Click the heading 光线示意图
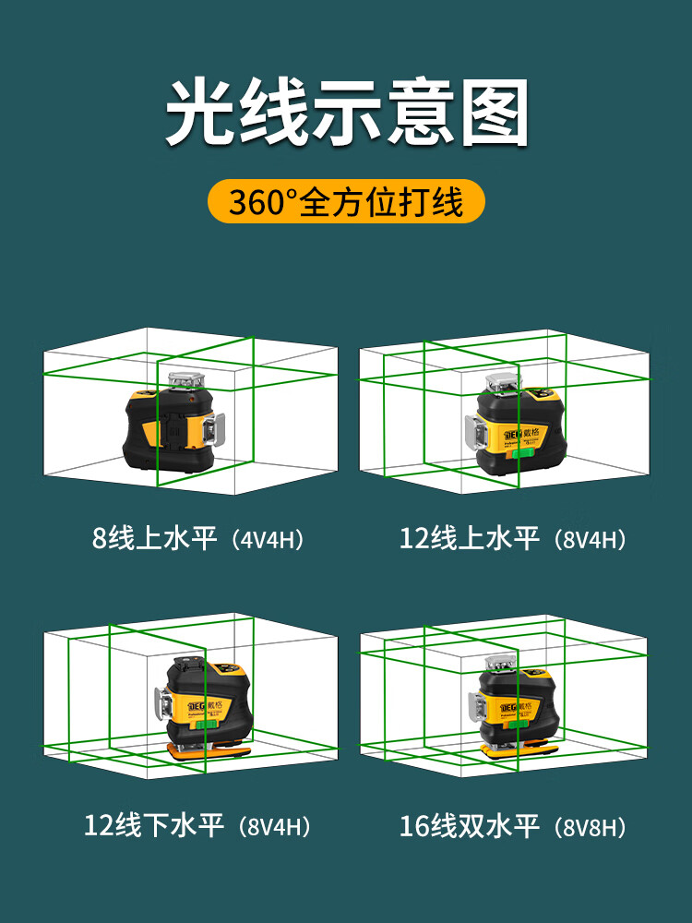(x=347, y=112)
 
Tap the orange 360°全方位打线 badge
(x=346, y=201)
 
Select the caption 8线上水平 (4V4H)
(x=198, y=538)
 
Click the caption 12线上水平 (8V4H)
(x=512, y=538)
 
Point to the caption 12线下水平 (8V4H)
(x=197, y=825)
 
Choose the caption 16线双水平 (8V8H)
(x=512, y=825)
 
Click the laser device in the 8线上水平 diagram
(x=173, y=423)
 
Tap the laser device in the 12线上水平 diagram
(x=515, y=424)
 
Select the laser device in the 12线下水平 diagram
(x=204, y=706)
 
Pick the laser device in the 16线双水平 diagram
(x=513, y=706)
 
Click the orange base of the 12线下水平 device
(x=209, y=750)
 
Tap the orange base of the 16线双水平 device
(x=519, y=749)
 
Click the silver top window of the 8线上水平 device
(x=186, y=380)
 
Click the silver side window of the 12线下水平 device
(x=163, y=704)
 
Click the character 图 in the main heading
(x=495, y=112)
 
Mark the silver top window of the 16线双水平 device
(x=500, y=663)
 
